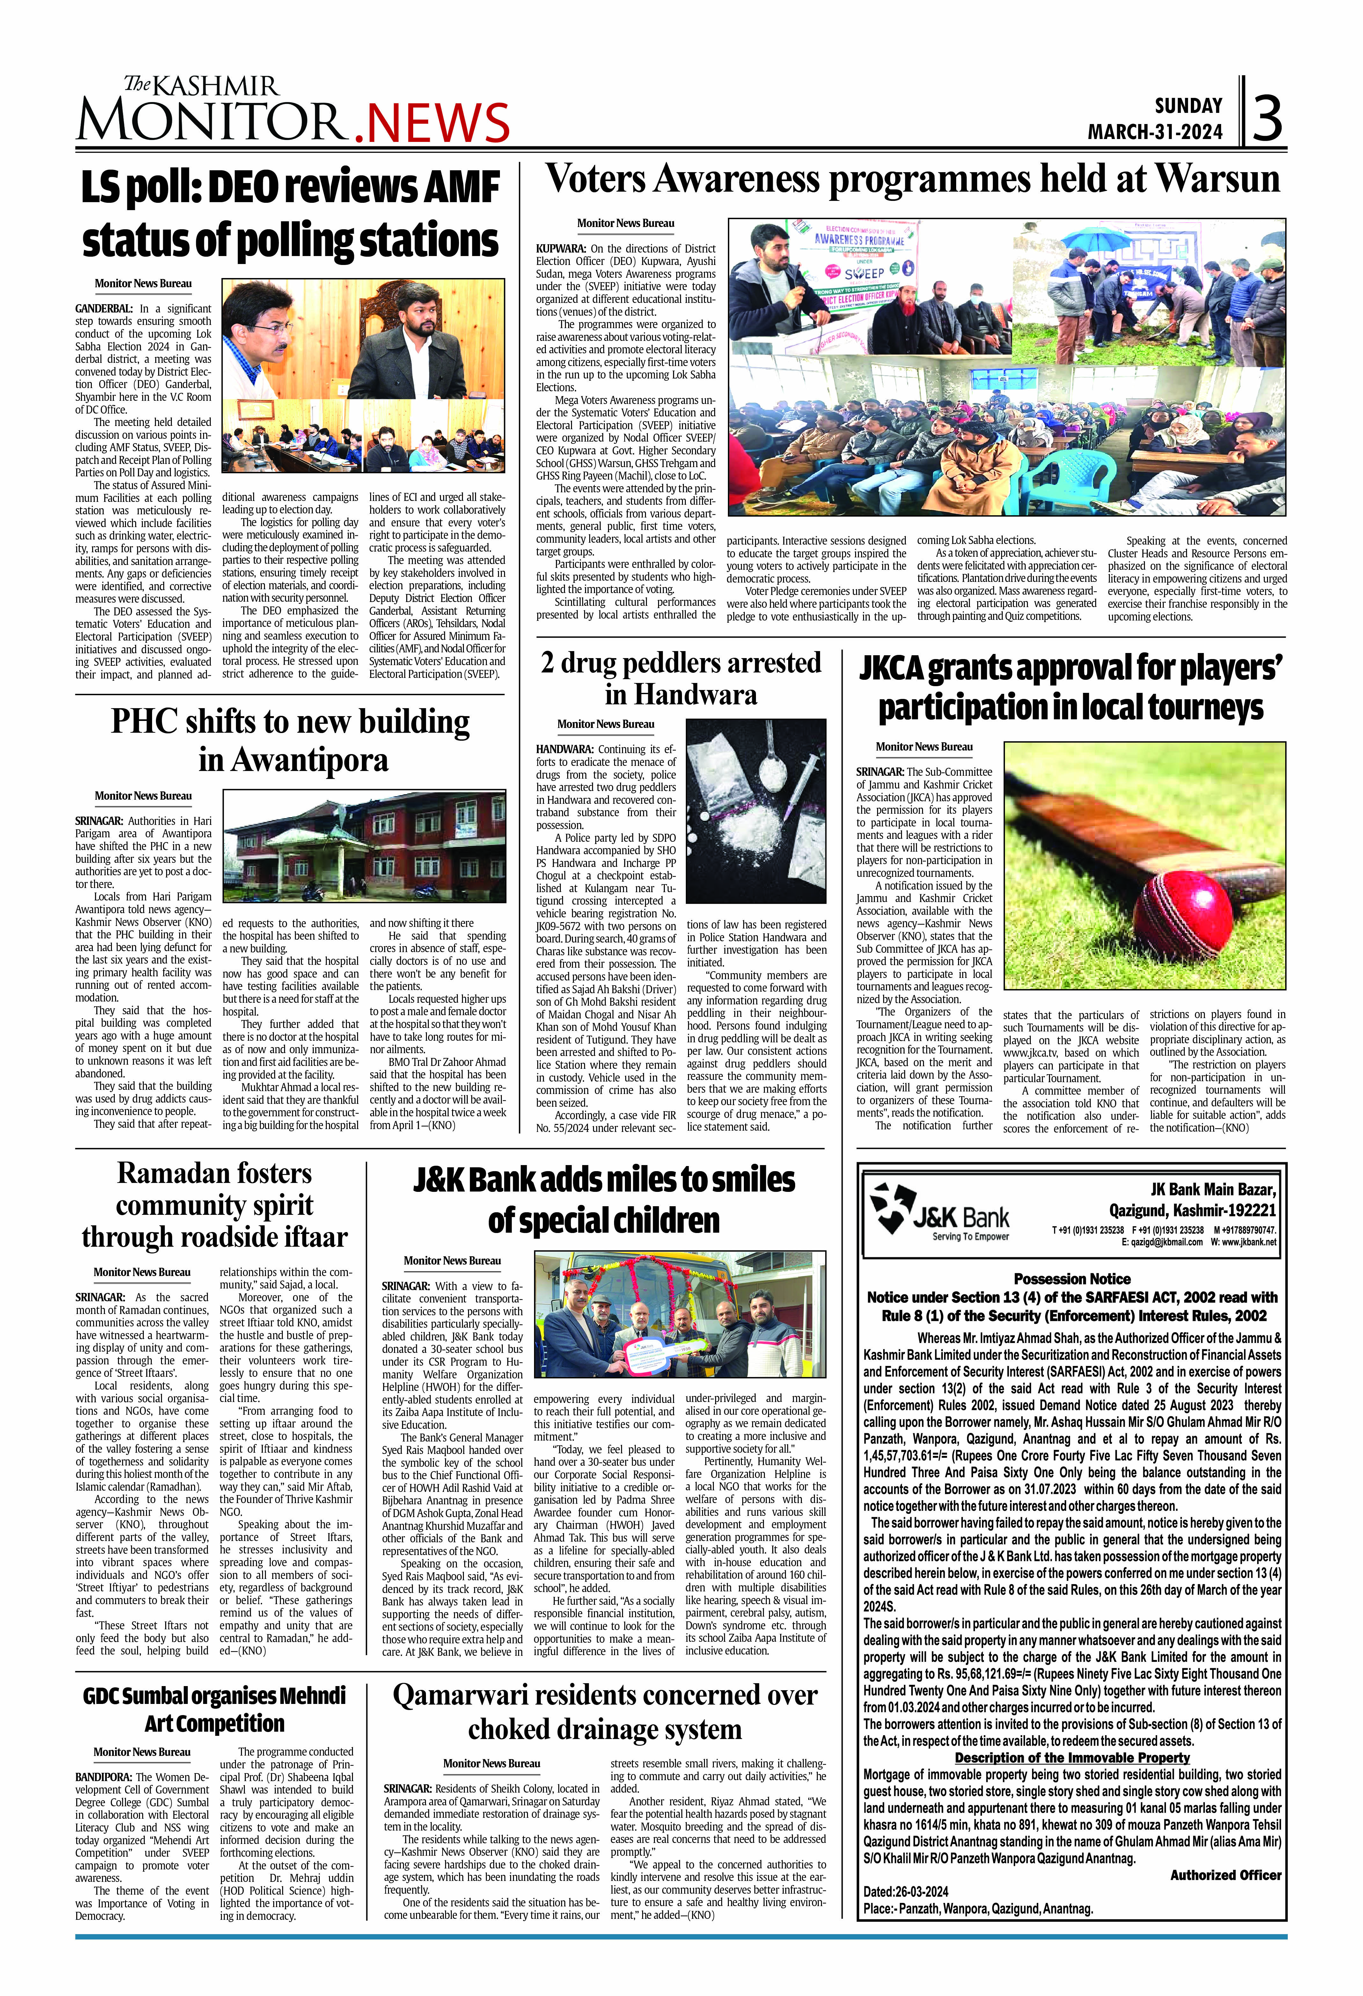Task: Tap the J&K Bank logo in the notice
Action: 941,1211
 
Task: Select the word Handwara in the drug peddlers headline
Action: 680,694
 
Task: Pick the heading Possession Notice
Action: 1072,1279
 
